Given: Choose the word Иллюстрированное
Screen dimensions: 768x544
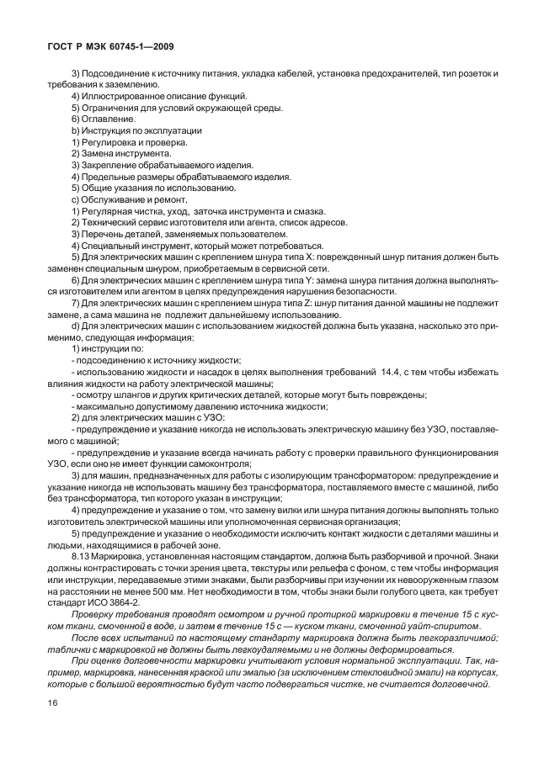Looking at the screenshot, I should point(119,97).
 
